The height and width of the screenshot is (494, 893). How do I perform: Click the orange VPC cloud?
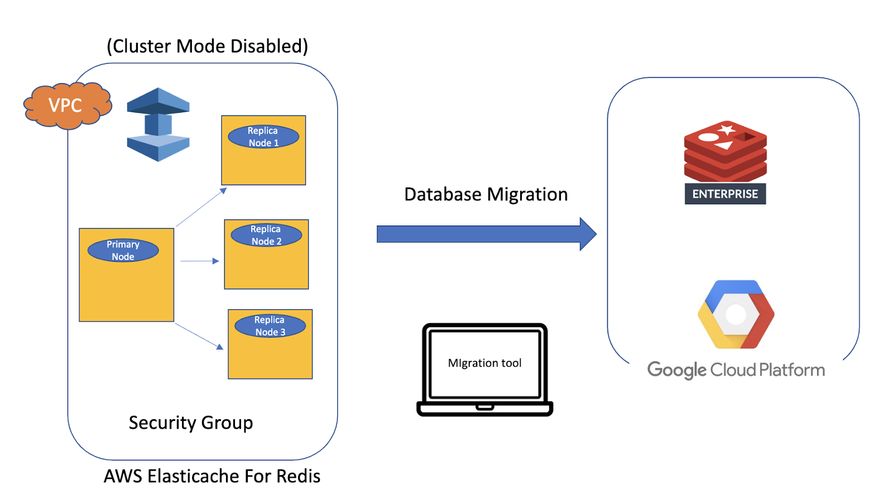pyautogui.click(x=66, y=105)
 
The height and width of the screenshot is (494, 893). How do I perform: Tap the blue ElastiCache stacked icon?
pyautogui.click(x=158, y=124)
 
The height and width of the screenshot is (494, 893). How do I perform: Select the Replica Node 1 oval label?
pyautogui.click(x=263, y=137)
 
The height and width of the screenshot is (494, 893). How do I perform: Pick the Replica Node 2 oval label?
pyautogui.click(x=266, y=235)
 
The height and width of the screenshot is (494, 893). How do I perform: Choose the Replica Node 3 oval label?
pyautogui.click(x=270, y=326)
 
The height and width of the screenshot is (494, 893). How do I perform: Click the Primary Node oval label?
pyautogui.click(x=123, y=251)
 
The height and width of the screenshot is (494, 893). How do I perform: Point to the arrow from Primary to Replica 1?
pyautogui.click(x=201, y=208)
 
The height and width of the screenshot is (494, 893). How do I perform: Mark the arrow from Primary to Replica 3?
pyautogui.click(x=199, y=337)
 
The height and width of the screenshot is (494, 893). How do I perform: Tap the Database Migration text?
pyautogui.click(x=486, y=194)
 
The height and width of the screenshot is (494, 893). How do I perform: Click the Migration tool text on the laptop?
pyautogui.click(x=484, y=363)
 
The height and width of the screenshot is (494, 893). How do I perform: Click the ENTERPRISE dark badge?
pyautogui.click(x=725, y=194)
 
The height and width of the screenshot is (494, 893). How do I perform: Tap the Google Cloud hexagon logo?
pyautogui.click(x=736, y=314)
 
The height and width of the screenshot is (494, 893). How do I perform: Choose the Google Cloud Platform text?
pyautogui.click(x=736, y=370)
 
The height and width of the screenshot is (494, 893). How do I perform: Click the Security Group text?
pyautogui.click(x=191, y=423)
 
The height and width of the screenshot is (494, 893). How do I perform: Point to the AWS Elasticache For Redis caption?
pyautogui.click(x=212, y=476)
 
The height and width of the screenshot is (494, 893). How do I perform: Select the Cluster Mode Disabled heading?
pyautogui.click(x=207, y=46)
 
